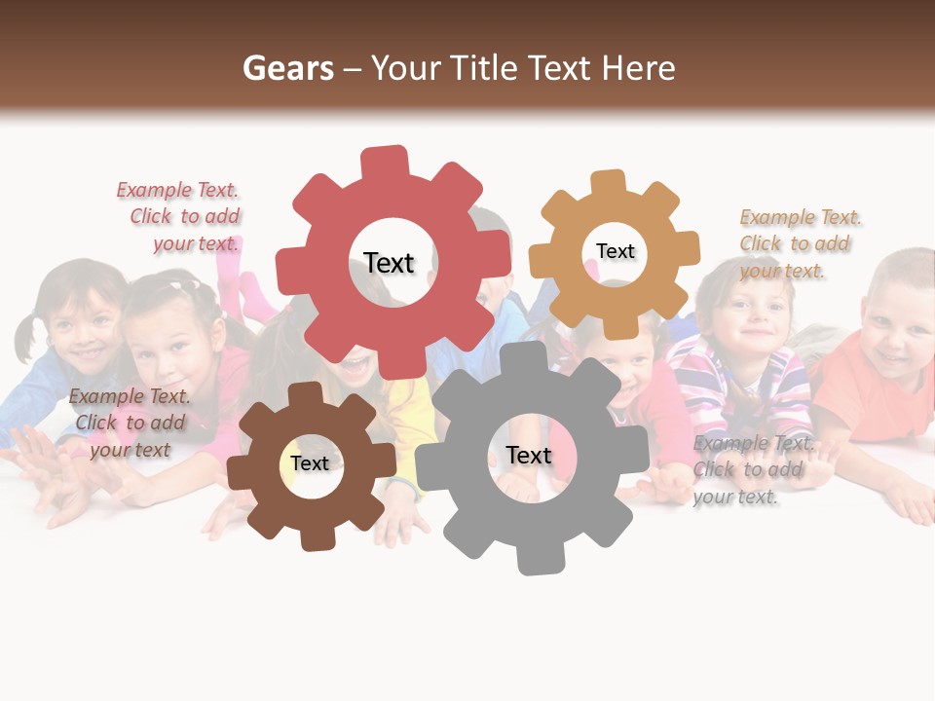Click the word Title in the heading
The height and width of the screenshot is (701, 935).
(481, 68)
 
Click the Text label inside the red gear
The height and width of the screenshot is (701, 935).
(389, 263)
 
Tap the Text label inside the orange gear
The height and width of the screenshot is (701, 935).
(615, 251)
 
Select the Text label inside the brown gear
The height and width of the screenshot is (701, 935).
(310, 463)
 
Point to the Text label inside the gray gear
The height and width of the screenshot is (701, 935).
(529, 455)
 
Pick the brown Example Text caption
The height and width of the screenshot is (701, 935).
(130, 423)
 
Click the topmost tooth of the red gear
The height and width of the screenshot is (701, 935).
(384, 162)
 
